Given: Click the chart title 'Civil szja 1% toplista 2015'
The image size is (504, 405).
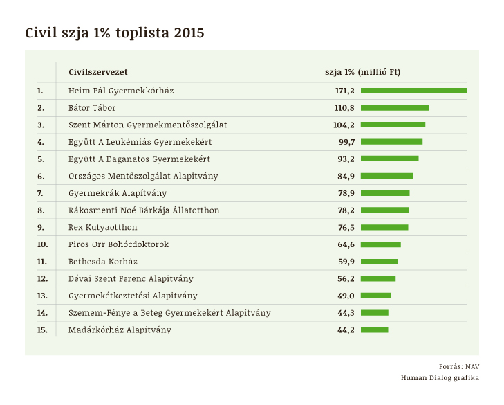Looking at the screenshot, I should click(x=114, y=33).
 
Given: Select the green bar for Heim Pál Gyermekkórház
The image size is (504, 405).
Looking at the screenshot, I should click(x=413, y=91).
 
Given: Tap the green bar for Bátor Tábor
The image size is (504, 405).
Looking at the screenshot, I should click(x=395, y=108).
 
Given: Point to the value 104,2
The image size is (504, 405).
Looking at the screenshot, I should click(x=344, y=125).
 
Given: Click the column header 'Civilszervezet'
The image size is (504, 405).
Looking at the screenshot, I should click(x=97, y=72).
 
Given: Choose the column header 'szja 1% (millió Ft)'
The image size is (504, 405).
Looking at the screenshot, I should click(x=362, y=72).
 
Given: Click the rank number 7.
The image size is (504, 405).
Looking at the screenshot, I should click(x=40, y=193).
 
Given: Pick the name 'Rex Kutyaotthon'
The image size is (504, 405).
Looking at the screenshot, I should click(x=102, y=227).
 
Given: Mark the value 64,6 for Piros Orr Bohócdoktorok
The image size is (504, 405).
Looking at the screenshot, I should click(x=345, y=244).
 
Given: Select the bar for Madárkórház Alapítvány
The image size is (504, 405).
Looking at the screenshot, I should click(x=374, y=330).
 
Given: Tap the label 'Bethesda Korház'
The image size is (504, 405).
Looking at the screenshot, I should click(x=102, y=262).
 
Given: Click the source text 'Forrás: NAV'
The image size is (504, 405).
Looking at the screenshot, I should click(x=458, y=366).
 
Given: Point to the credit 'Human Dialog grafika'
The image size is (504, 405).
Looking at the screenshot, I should click(x=440, y=377).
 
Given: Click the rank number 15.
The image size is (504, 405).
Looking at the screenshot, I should click(x=42, y=330).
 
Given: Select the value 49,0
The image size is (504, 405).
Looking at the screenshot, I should click(x=345, y=296).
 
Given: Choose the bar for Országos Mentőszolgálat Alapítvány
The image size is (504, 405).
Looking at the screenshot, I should click(x=386, y=176).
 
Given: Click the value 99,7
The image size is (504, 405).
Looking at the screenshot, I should click(x=345, y=142).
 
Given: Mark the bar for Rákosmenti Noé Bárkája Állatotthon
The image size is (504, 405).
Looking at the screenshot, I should click(x=384, y=210).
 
